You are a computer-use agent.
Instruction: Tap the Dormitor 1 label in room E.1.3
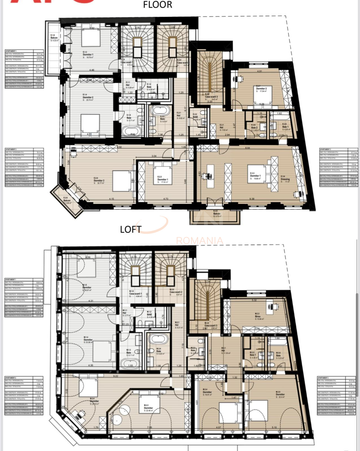click(x=88, y=54)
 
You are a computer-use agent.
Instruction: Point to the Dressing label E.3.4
click(x=285, y=179)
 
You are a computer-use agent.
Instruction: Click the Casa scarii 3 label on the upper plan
click(x=211, y=97)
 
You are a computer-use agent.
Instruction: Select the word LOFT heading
click(x=131, y=229)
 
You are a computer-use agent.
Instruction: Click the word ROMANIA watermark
click(x=199, y=241)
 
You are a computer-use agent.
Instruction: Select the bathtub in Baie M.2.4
click(x=159, y=339)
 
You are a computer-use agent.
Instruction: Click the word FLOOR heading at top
click(x=157, y=5)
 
